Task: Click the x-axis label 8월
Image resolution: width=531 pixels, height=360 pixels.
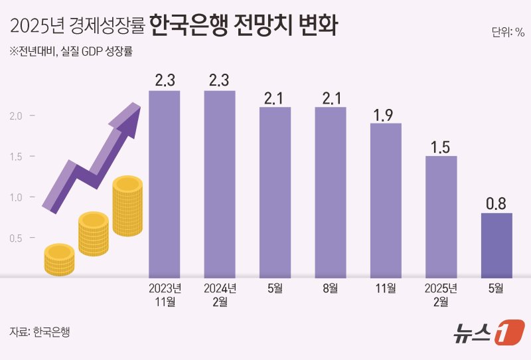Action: point(330,288)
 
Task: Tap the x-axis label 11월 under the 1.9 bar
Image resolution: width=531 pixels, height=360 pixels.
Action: point(386,288)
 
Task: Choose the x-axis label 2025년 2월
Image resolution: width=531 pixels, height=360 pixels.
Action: point(441,295)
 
